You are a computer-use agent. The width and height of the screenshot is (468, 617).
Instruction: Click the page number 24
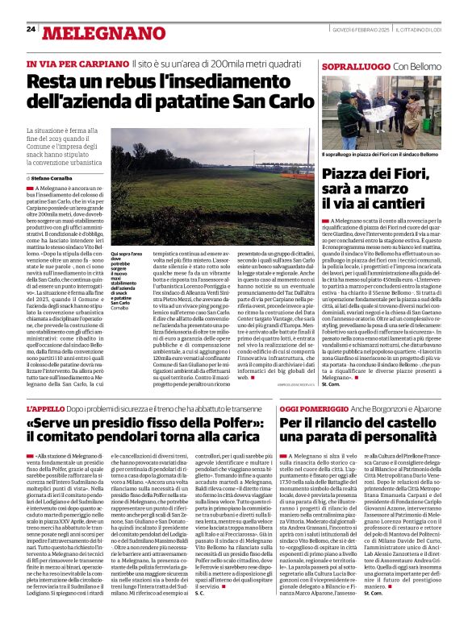31,29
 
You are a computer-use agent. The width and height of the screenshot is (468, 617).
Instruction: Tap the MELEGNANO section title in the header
95,32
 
